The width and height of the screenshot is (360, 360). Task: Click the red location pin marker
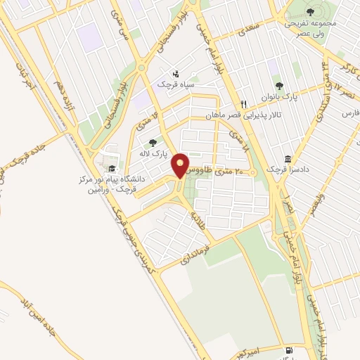tap(181, 165)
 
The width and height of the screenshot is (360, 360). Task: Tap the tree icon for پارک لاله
tap(153, 143)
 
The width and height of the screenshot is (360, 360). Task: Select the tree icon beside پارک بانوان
tap(279, 86)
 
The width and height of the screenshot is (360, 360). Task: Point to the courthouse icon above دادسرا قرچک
tap(288, 159)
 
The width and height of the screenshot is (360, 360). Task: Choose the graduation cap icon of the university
tap(111, 168)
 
